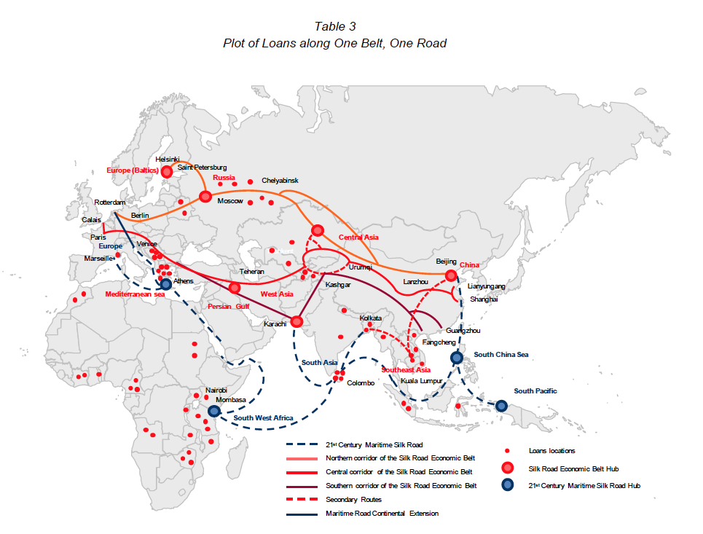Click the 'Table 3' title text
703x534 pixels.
pos(334,27)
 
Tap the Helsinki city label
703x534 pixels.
pos(168,160)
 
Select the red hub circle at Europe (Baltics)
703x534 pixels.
pos(167,172)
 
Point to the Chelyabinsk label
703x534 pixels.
pos(280,181)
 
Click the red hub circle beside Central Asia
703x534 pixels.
pos(317,230)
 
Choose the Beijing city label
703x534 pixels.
pos(446,262)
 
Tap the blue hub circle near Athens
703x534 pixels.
pos(166,284)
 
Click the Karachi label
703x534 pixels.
pos(275,323)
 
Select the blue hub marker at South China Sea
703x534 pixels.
pos(457,358)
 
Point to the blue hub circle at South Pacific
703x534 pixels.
pos(501,406)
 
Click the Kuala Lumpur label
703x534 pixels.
pos(421,381)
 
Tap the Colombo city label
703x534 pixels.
pos(360,383)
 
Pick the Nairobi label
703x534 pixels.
pos(216,390)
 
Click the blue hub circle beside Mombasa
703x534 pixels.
pos(213,411)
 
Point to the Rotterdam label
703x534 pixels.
pos(110,203)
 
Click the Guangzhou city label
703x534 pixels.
pos(463,331)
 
